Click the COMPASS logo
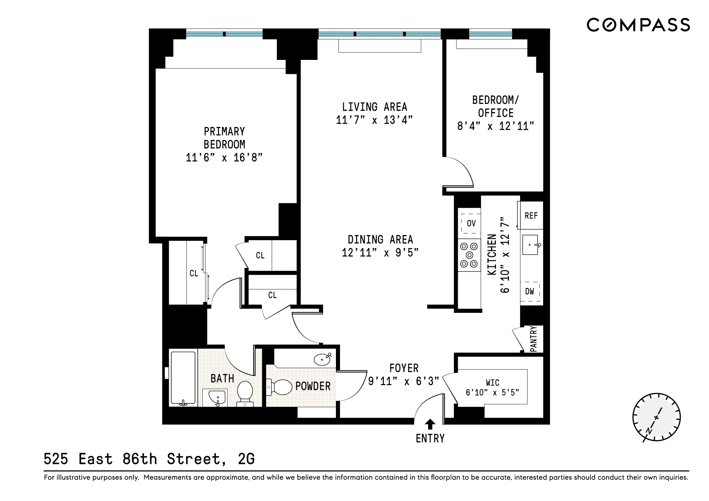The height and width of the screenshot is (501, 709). (x=638, y=25)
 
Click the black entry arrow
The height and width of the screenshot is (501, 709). (x=430, y=424)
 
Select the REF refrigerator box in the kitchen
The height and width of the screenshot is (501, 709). (x=531, y=216)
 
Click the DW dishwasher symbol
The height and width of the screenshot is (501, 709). (x=529, y=292)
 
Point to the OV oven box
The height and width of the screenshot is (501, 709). (x=471, y=223)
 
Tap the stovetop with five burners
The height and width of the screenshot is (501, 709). (x=470, y=255)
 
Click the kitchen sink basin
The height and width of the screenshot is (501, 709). (x=530, y=245)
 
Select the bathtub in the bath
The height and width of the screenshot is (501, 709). (x=183, y=378)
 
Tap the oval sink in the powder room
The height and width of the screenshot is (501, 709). (x=323, y=359)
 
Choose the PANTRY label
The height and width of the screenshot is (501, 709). (x=533, y=339)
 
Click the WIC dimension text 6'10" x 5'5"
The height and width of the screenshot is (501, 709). (x=492, y=393)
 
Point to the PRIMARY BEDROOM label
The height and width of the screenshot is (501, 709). (x=224, y=138)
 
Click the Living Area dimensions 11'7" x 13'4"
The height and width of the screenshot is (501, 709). (x=374, y=120)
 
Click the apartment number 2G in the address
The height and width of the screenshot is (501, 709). (x=246, y=459)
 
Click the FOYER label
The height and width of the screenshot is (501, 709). (x=404, y=368)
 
